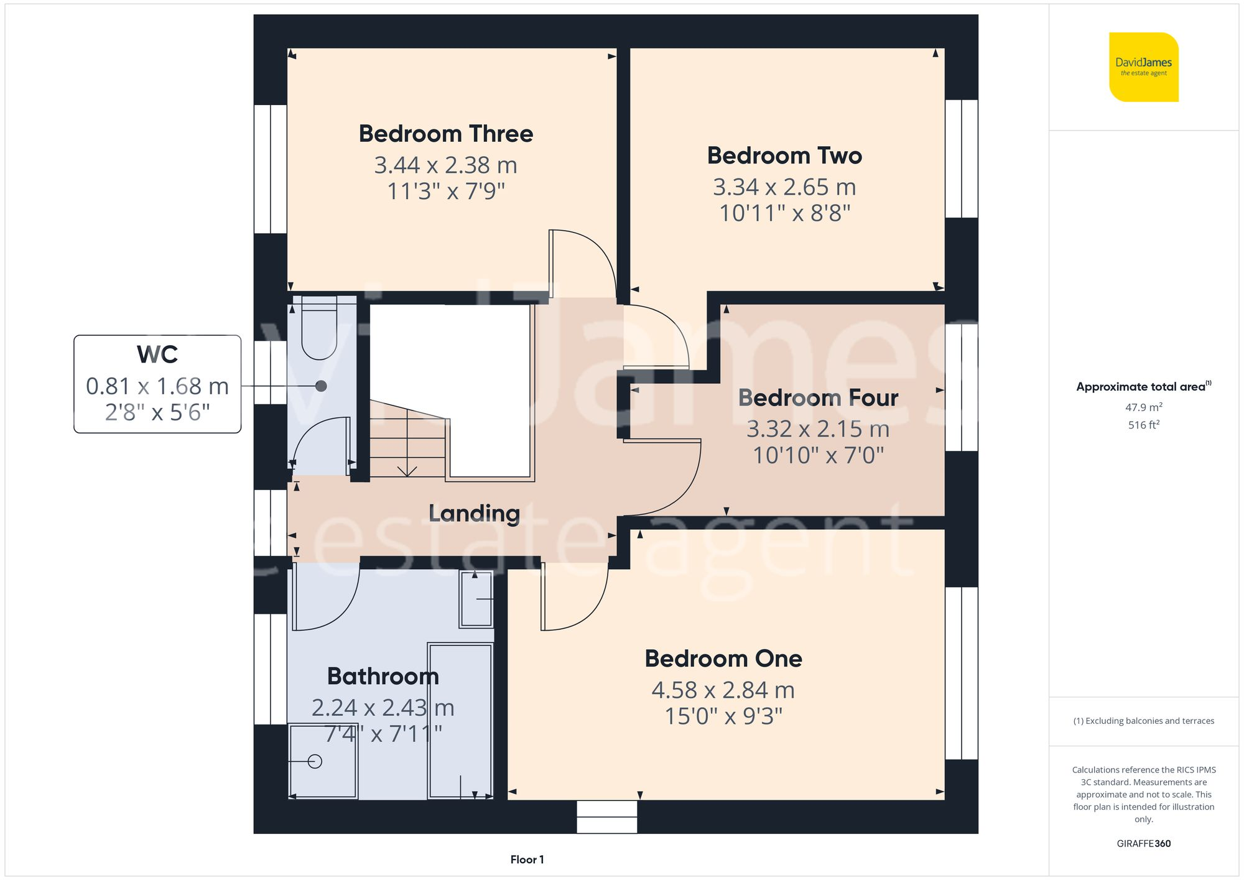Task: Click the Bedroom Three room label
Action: (446, 134)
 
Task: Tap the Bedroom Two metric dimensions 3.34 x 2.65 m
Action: (784, 187)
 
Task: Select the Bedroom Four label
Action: (818, 398)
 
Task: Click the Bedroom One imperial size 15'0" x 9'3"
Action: (723, 716)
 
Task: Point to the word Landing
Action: (474, 514)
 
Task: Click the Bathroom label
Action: (383, 677)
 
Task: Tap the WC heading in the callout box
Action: (157, 354)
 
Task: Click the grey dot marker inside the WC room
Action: (321, 386)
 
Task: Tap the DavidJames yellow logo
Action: (1143, 67)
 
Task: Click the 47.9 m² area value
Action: (1143, 407)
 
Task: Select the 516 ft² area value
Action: (1143, 425)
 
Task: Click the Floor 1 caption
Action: (527, 859)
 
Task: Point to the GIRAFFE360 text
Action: (1143, 844)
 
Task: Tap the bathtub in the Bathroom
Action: (460, 721)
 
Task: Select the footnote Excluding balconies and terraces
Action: (1143, 721)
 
